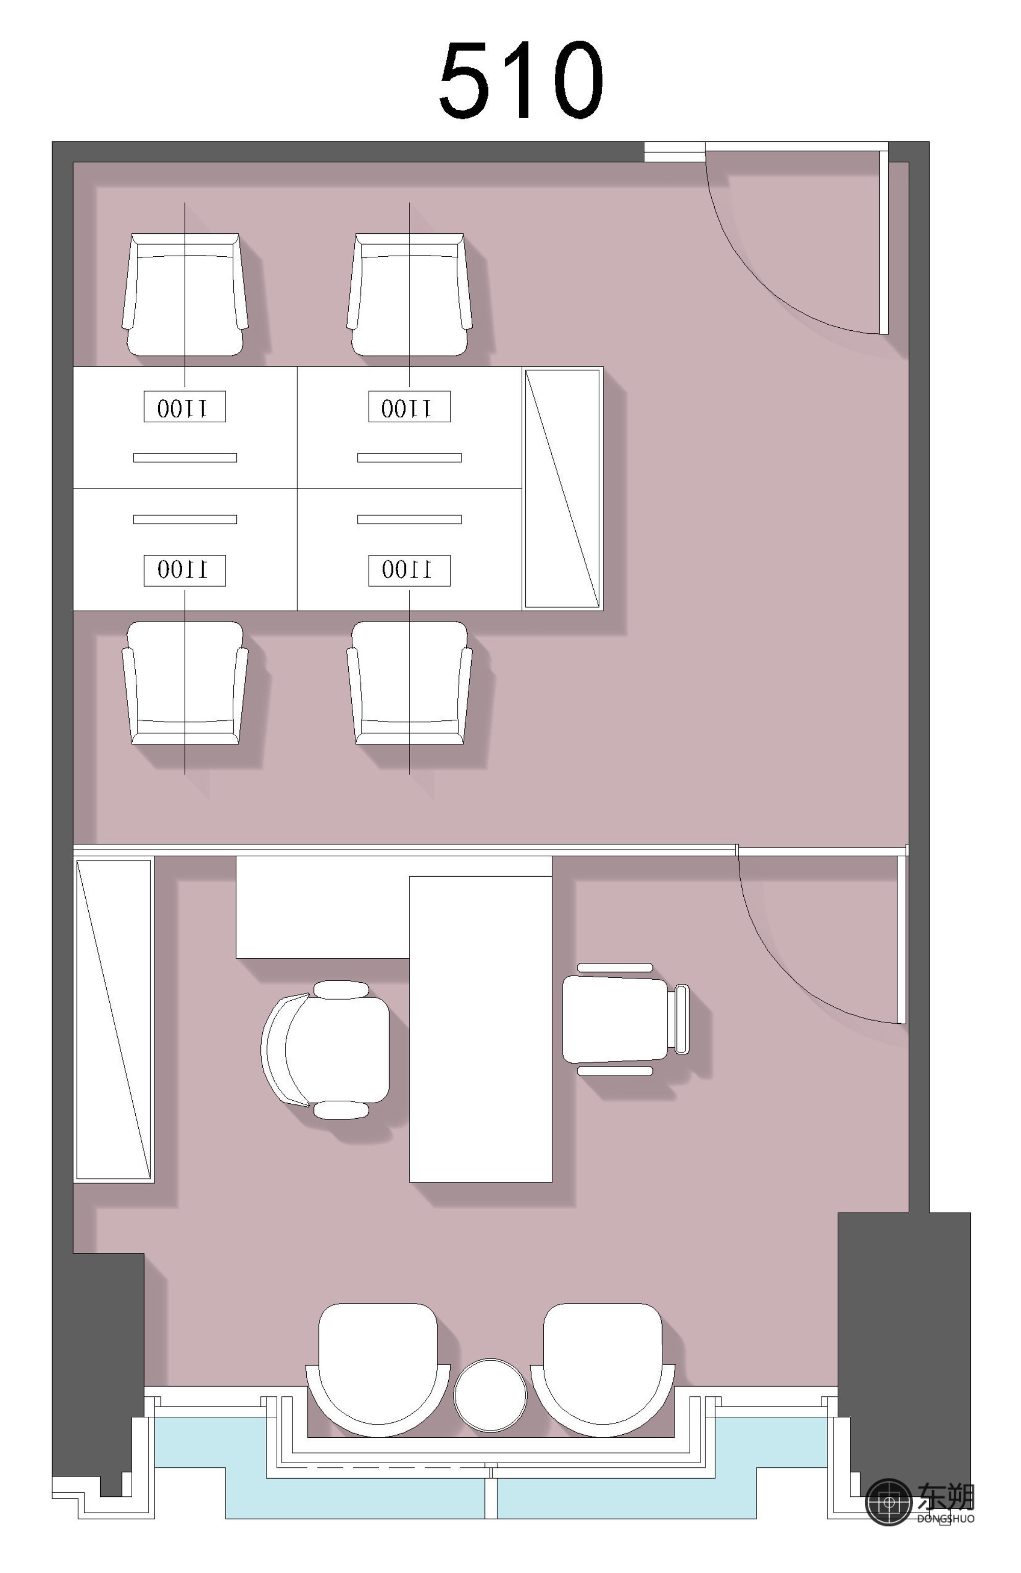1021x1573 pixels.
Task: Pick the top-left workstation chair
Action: pos(185,295)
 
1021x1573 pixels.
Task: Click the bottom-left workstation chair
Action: pos(185,683)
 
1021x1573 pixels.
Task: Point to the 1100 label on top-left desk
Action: pos(185,407)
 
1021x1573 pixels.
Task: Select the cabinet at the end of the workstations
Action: pos(563,489)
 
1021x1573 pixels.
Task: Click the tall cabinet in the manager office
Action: pos(114,1020)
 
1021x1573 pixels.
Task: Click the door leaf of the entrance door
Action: pos(884,242)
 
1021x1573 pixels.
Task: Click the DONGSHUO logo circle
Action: pos(889,1502)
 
